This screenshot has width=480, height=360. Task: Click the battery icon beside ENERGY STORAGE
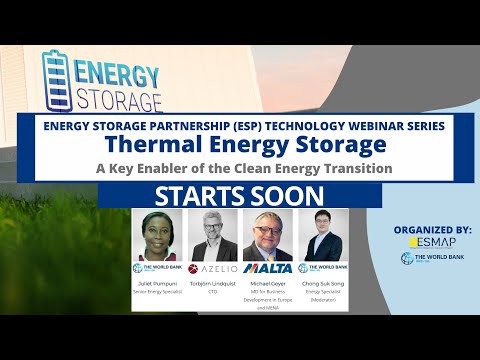click(55, 80)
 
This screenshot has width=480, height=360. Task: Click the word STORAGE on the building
click(117, 101)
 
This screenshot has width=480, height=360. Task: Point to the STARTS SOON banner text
click(239, 195)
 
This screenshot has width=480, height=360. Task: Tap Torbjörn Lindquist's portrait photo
click(213, 234)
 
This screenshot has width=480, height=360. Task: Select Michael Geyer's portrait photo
click(268, 234)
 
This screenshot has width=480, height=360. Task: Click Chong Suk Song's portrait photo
click(323, 234)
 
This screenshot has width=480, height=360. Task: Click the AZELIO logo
click(213, 269)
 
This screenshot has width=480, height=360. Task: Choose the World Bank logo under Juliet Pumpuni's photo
click(158, 269)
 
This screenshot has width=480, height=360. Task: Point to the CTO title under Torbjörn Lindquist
click(213, 291)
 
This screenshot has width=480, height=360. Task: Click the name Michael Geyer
click(268, 283)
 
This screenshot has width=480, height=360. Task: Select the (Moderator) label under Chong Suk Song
click(323, 299)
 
